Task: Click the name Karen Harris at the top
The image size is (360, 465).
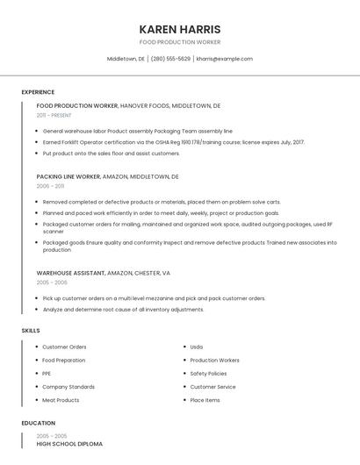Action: click(x=180, y=29)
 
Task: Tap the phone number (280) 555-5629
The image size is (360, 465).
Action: click(x=170, y=59)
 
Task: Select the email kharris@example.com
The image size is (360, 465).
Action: click(x=224, y=59)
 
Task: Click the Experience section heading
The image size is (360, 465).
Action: click(x=38, y=92)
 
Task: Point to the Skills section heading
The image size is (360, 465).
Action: click(x=31, y=330)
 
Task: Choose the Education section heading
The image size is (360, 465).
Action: click(x=38, y=423)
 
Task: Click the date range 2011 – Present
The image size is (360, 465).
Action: click(x=54, y=115)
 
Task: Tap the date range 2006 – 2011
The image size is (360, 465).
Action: click(x=50, y=186)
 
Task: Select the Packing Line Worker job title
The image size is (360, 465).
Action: click(x=68, y=176)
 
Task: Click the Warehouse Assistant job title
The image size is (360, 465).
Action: click(x=69, y=273)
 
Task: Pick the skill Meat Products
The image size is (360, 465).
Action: click(x=61, y=400)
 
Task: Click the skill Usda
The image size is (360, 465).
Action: click(x=197, y=347)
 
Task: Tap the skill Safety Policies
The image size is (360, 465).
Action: click(x=209, y=374)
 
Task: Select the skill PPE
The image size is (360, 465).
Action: click(x=47, y=374)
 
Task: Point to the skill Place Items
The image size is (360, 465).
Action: click(x=205, y=400)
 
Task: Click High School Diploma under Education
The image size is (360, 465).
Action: click(x=69, y=444)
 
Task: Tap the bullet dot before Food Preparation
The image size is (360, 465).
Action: click(x=36, y=361)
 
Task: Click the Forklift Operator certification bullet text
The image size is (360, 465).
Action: click(x=173, y=142)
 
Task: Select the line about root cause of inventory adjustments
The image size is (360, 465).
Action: click(x=123, y=310)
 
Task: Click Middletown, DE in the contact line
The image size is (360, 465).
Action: click(x=126, y=59)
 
